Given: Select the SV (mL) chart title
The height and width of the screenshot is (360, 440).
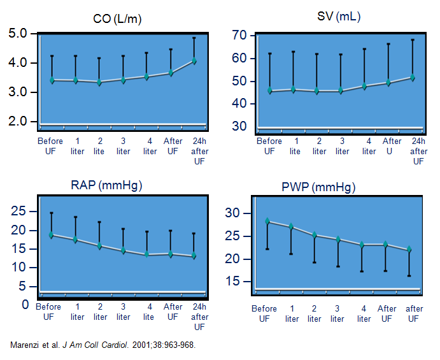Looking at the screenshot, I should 339,17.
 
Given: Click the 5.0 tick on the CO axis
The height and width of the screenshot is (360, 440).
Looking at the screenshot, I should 18,34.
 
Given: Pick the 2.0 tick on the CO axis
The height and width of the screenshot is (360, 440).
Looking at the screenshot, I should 18,121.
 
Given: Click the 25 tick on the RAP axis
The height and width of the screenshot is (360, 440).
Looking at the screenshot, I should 19,211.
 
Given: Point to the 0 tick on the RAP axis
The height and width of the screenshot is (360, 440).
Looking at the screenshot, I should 25,305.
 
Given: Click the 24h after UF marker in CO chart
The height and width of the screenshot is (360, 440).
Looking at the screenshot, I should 194,61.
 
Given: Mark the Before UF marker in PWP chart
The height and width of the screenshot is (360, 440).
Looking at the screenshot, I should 268,222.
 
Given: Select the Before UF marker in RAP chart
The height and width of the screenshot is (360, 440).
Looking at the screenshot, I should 52,234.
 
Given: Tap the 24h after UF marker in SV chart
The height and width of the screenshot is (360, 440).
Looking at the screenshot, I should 413,77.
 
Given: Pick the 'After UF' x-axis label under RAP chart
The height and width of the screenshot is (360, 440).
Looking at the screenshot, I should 173,312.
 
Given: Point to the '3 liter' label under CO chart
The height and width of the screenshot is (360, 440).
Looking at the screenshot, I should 124,146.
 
